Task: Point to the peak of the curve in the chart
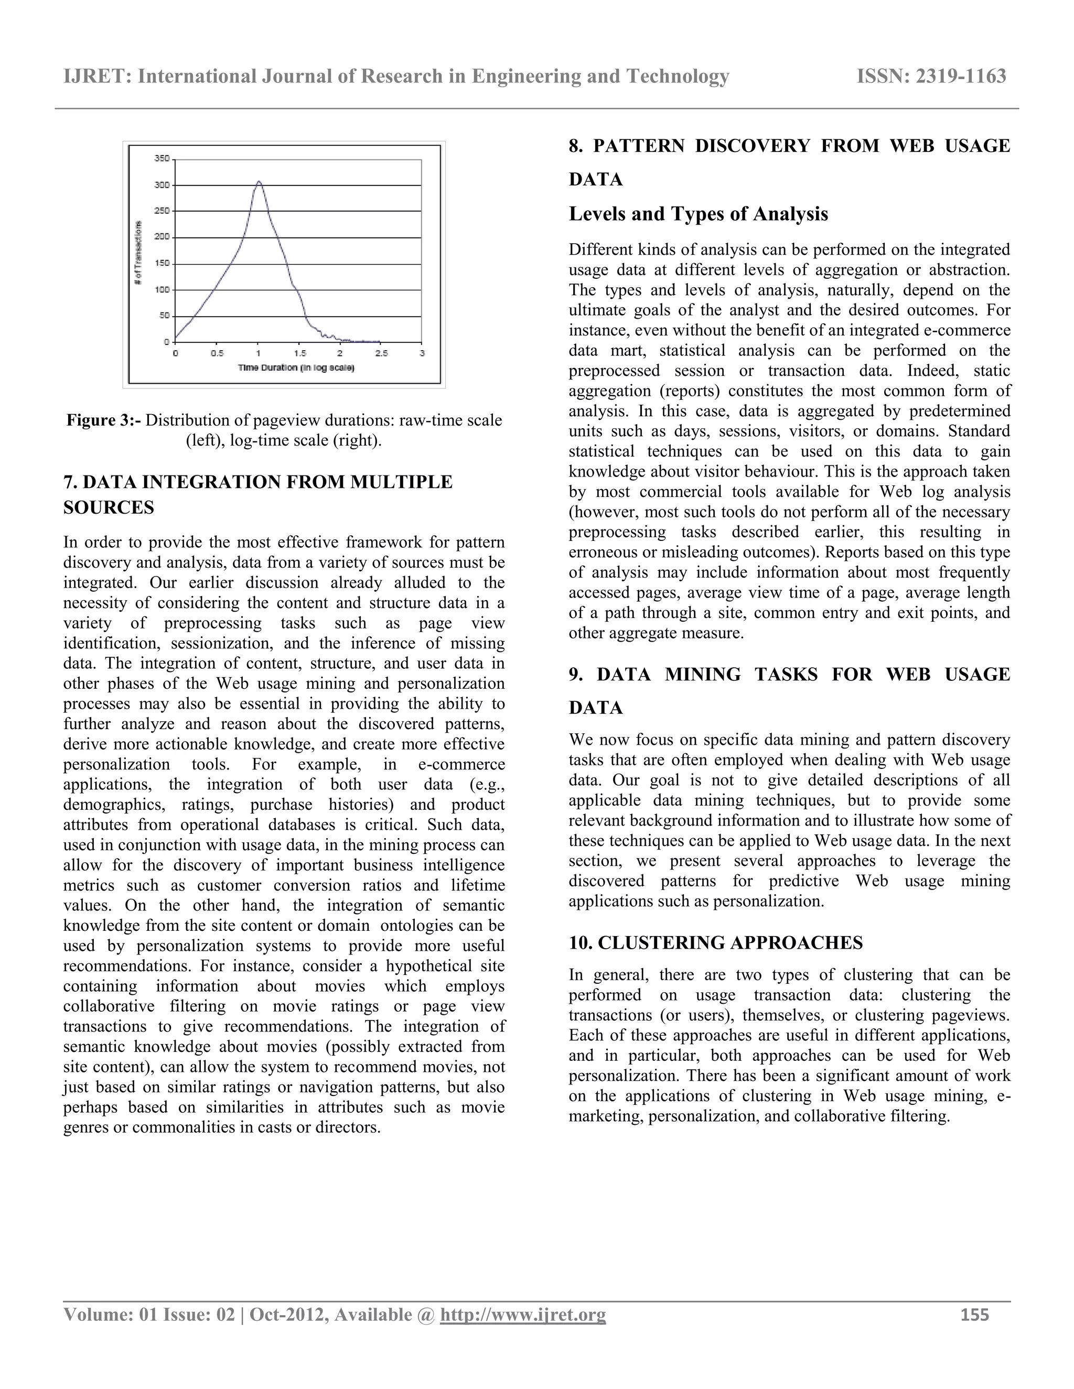coord(259,182)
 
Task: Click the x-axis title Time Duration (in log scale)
coord(296,367)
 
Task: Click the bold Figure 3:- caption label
coord(104,420)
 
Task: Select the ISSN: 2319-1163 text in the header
coord(931,77)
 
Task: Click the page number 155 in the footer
coord(974,1315)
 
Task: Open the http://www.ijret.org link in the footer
coord(522,1315)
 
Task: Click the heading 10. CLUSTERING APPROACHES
coord(716,942)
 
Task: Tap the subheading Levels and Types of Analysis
coord(698,214)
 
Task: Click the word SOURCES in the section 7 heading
coord(109,507)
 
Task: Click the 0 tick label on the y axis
coord(166,342)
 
